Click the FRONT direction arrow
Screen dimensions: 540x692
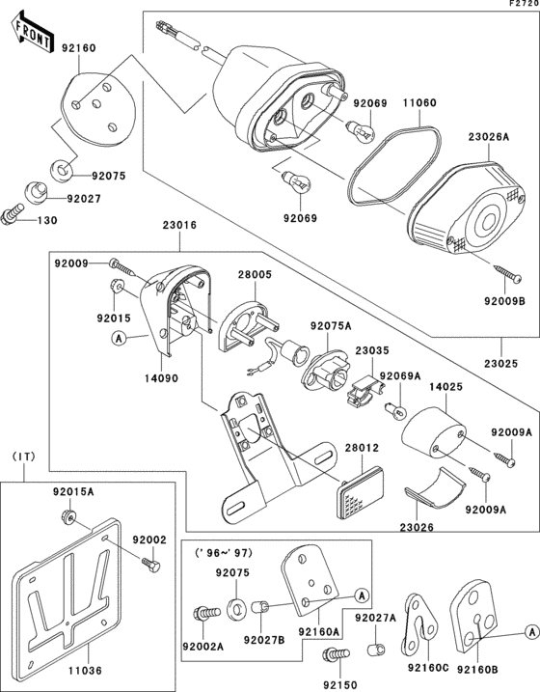coord(32,33)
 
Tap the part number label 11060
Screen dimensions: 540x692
coord(419,103)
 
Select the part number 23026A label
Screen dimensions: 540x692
coord(489,137)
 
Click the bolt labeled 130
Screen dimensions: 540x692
coord(12,214)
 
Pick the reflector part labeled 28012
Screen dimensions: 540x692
coord(360,492)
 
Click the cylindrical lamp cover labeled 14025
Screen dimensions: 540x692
coord(434,433)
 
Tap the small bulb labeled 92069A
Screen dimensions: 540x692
coord(395,409)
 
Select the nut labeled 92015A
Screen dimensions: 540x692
coord(68,515)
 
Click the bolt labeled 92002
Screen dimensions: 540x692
coord(150,565)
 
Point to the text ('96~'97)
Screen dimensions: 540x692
coord(224,553)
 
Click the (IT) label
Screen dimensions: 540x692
coord(23,457)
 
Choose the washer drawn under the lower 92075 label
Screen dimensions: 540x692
coord(237,609)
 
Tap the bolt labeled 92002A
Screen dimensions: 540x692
coord(206,614)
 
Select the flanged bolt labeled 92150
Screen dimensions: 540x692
coord(337,653)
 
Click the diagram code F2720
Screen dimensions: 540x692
coord(525,3)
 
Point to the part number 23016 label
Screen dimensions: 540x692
coord(179,225)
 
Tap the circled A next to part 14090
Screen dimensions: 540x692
coord(118,339)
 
